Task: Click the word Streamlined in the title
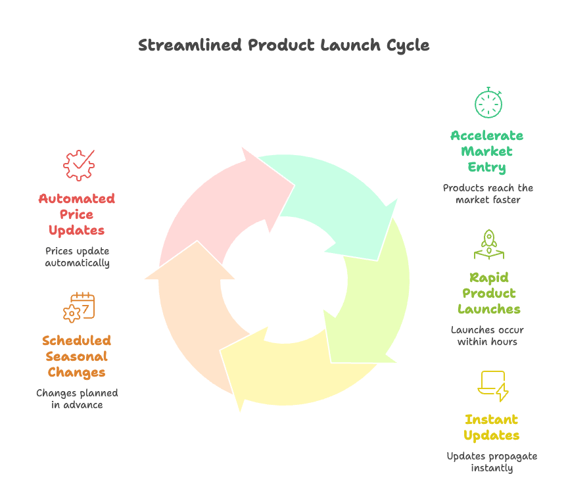[x=190, y=45]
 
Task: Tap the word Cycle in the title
[x=408, y=46]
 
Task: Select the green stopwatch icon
[x=488, y=103]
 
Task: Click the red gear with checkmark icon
[x=79, y=165]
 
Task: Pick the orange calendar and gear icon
[x=79, y=307]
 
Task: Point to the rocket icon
[x=489, y=244]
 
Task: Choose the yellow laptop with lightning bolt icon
[x=493, y=386]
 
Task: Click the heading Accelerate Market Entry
[x=487, y=151]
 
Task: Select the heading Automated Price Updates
[x=77, y=214]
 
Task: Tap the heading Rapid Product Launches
[x=489, y=293]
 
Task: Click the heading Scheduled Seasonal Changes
[x=77, y=356]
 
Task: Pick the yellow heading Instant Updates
[x=492, y=427]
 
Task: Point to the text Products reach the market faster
[x=488, y=194]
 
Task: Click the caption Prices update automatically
[x=77, y=257]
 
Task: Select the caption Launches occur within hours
[x=487, y=336]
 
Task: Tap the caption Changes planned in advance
[x=77, y=399]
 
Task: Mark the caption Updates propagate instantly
[x=492, y=462]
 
